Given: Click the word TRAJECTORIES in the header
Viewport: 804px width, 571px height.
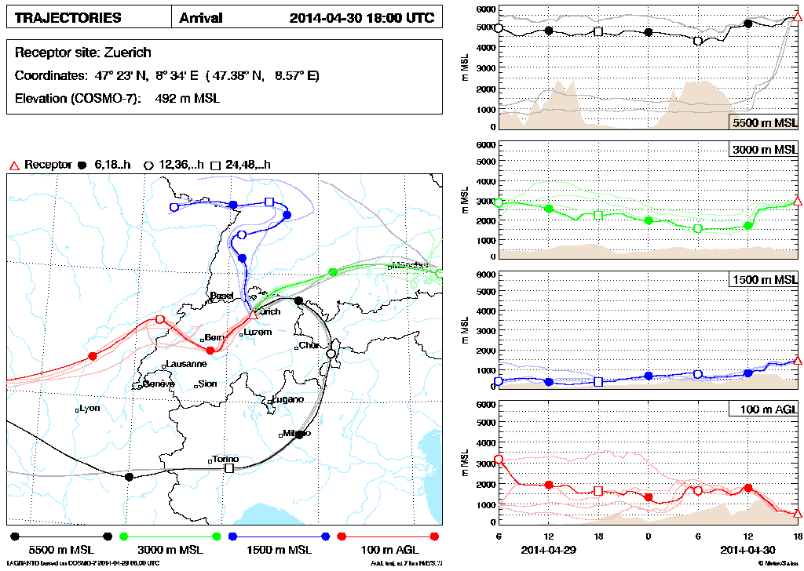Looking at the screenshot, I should tap(68, 18).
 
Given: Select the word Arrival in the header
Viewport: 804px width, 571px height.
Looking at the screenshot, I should tap(201, 18).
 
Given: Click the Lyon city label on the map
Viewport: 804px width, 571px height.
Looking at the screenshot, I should tap(91, 409).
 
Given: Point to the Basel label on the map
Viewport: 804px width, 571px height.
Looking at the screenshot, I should tap(200, 295).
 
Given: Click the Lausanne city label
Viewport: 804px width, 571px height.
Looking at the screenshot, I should tap(187, 364).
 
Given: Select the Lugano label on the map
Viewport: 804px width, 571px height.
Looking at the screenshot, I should tap(288, 399).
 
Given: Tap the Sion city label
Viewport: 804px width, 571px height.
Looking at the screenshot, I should tap(208, 384).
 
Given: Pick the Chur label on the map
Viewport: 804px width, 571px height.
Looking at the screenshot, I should tap(310, 345).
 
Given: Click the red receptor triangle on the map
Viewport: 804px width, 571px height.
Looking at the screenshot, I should tap(253, 315).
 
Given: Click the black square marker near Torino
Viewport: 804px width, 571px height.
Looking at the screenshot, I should tap(229, 468).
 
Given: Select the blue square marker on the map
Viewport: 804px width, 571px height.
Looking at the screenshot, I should tap(269, 202).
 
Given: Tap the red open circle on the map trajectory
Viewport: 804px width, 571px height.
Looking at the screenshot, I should tap(160, 319).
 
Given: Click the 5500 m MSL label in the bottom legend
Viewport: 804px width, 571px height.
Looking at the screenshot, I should tap(61, 550).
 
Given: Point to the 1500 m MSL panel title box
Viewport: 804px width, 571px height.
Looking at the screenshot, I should tap(762, 280).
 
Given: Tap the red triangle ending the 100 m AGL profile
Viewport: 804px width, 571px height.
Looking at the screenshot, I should tap(797, 513).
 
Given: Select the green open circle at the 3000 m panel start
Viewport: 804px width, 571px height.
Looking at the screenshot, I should tap(499, 202).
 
